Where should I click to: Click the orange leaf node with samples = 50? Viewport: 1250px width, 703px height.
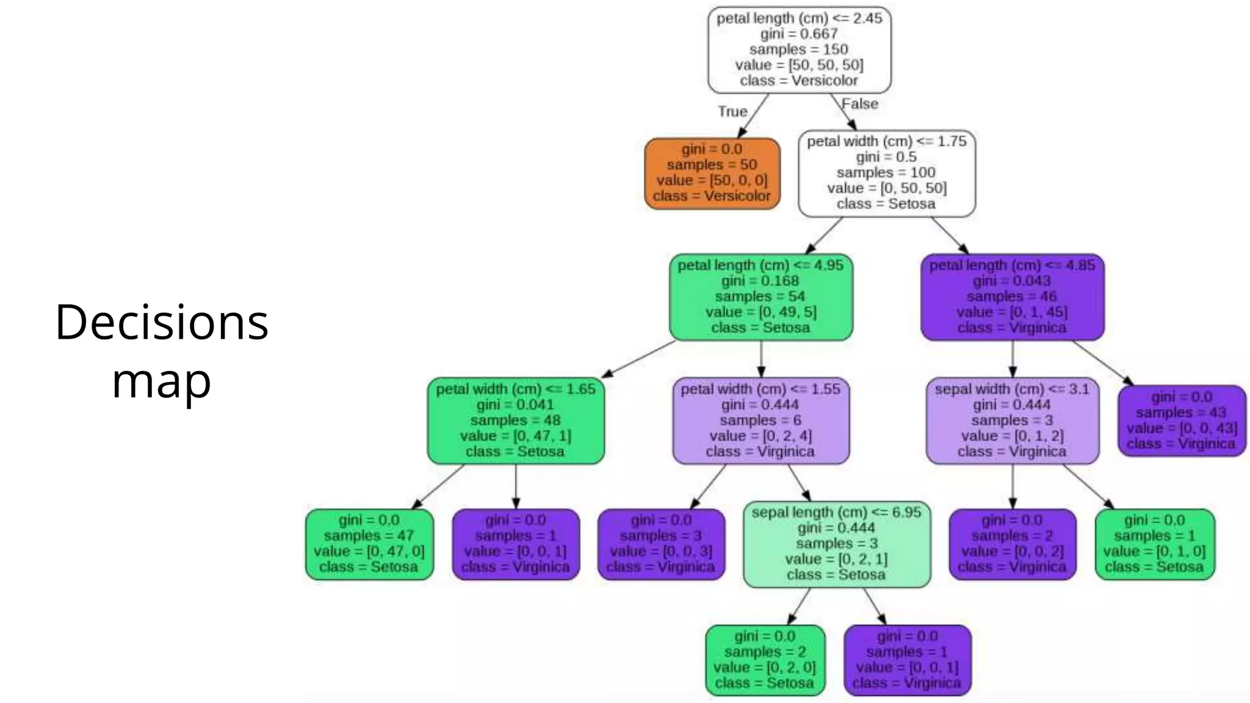(x=712, y=173)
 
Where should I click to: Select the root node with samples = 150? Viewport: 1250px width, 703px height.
(x=799, y=50)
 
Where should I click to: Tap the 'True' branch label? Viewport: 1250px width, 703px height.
(x=732, y=112)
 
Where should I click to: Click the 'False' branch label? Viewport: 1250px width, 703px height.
(x=859, y=104)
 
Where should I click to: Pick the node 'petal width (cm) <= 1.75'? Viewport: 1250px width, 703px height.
(x=887, y=173)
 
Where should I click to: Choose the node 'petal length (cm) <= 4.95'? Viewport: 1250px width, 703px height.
(x=760, y=297)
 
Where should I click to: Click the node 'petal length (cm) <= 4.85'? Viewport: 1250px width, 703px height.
(x=1013, y=297)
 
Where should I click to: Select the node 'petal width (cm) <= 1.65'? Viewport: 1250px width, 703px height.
(x=516, y=421)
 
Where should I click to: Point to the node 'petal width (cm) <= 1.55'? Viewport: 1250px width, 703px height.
(x=760, y=421)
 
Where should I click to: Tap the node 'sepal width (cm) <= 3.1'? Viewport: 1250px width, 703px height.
(x=1012, y=421)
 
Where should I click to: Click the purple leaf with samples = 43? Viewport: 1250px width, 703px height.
(x=1182, y=420)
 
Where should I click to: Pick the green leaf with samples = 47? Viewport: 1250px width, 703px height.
(x=369, y=544)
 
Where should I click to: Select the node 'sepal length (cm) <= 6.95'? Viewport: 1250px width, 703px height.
(x=837, y=544)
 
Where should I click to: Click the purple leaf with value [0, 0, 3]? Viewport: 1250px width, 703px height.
(x=661, y=544)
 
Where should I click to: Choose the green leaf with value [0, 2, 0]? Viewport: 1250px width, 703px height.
(x=765, y=660)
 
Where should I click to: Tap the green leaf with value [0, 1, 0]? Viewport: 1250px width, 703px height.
(x=1155, y=544)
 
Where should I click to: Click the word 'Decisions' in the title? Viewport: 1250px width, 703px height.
(x=162, y=322)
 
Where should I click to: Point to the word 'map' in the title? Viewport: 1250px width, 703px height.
(x=161, y=381)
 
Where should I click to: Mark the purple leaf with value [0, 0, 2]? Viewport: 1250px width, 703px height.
(x=1012, y=544)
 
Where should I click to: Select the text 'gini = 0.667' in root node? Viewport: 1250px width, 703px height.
(x=799, y=34)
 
